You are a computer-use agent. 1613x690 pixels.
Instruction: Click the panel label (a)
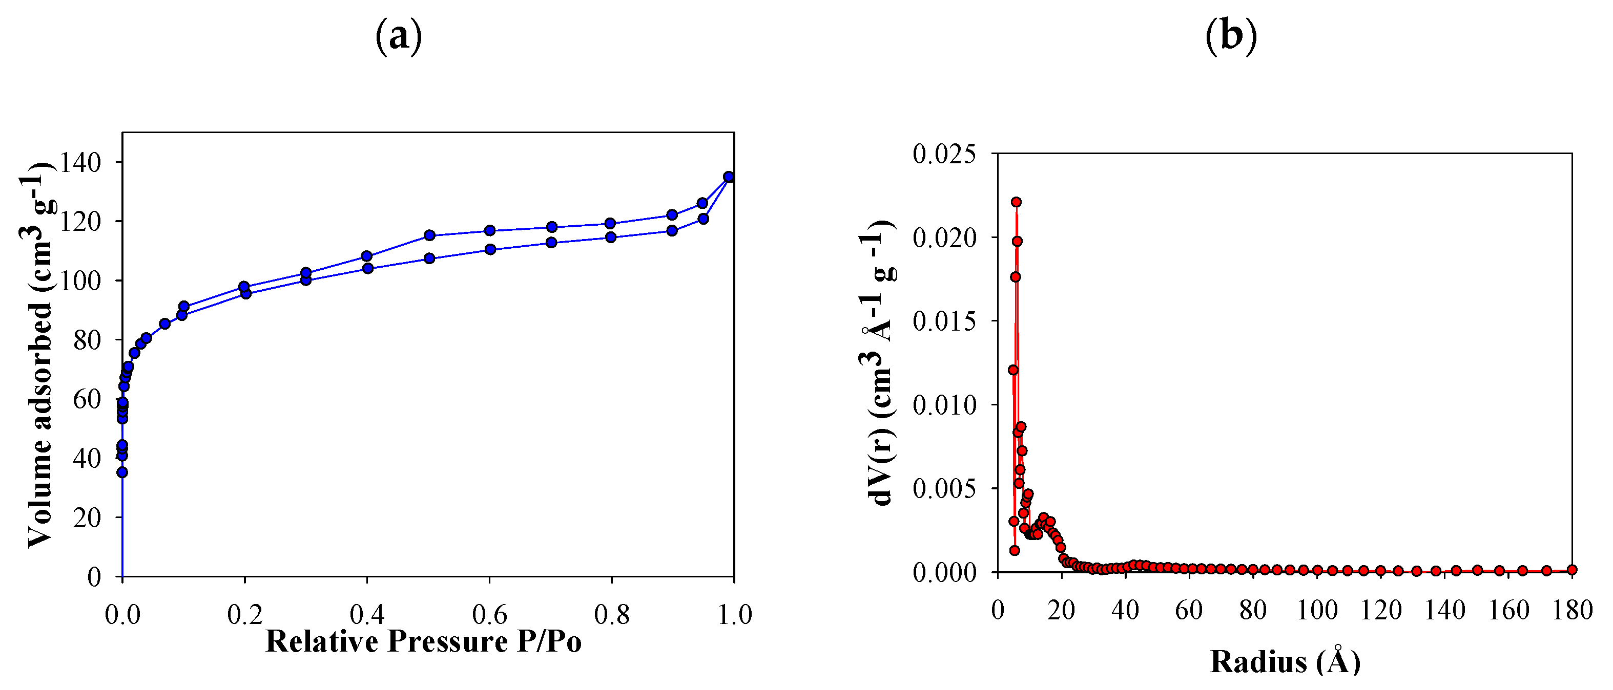(x=398, y=36)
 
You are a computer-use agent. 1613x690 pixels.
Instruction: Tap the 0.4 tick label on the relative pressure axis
(x=367, y=615)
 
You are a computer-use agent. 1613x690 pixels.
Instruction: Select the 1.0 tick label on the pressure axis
(x=734, y=615)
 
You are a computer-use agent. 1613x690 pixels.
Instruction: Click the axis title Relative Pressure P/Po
(x=423, y=642)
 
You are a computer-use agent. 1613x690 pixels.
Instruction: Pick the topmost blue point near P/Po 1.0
(x=728, y=177)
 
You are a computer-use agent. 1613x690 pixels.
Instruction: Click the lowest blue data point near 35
(x=122, y=472)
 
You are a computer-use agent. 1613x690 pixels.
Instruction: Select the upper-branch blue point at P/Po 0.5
(x=429, y=235)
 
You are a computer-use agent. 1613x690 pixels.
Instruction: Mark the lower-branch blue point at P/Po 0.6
(x=490, y=250)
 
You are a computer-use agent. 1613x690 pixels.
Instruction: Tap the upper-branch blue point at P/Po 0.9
(x=672, y=214)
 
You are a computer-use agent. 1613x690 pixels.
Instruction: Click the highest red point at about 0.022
(x=1016, y=202)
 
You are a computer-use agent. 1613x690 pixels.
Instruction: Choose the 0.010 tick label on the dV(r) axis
(x=944, y=405)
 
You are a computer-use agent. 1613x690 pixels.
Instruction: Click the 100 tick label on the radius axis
(x=1317, y=611)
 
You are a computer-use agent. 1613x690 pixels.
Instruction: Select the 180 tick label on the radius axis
(x=1571, y=611)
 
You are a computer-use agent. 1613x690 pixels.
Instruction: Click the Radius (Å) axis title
(x=1285, y=662)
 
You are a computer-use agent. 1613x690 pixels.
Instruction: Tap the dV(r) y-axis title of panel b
(x=877, y=363)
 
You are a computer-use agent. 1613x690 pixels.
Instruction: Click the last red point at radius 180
(x=1571, y=569)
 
